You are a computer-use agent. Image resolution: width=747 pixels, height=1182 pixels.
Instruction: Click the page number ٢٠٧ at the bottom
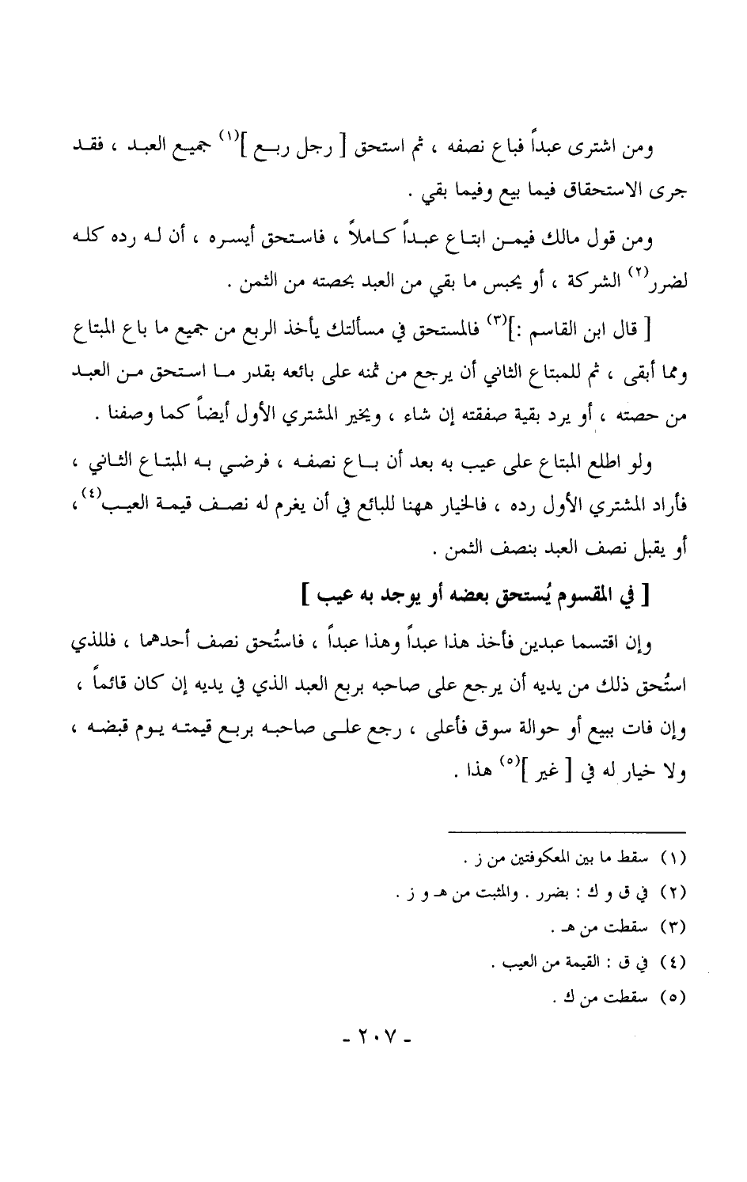374,1036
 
